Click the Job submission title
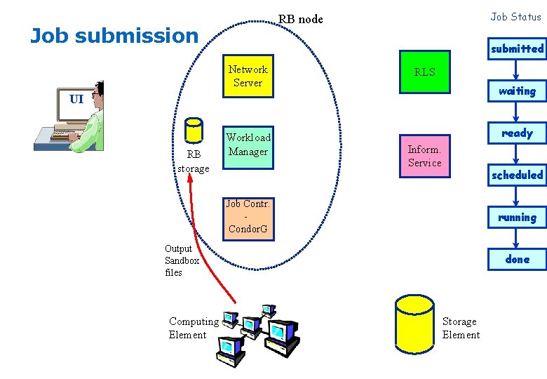tap(114, 35)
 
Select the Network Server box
tap(248, 76)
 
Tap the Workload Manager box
tap(248, 145)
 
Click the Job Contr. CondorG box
tap(248, 216)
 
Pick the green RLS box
tap(424, 72)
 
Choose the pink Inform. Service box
tap(424, 156)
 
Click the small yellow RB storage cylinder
tap(192, 131)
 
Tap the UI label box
tap(76, 98)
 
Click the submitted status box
tap(517, 48)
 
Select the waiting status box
tap(517, 91)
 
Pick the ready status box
tap(517, 133)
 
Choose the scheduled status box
tap(517, 175)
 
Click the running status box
tap(517, 217)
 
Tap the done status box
tap(517, 259)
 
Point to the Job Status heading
tap(515, 16)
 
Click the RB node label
tap(301, 19)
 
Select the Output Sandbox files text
tap(182, 260)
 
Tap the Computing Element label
tap(194, 328)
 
